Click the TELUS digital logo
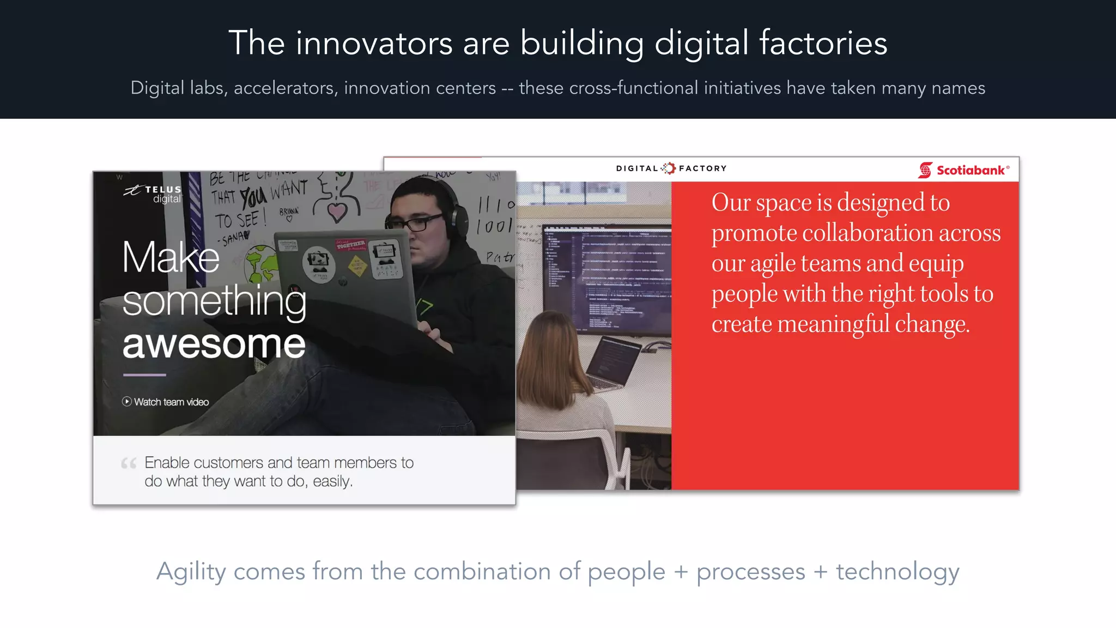153,194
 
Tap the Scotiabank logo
963,170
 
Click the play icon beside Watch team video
127,402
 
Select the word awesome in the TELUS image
214,345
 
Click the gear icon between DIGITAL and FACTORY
669,168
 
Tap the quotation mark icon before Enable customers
129,463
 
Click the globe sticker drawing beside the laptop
260,263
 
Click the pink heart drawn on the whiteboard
337,212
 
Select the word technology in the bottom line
897,571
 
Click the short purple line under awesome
144,375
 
